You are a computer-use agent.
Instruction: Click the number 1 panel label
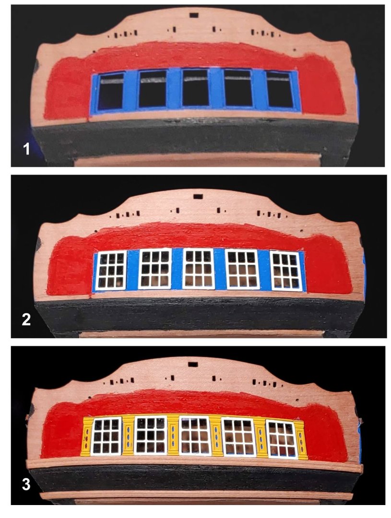coord(26,149)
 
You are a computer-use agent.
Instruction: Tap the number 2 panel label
coord(26,319)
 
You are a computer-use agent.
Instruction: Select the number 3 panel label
coord(26,484)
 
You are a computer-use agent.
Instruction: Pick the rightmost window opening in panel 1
coord(280,90)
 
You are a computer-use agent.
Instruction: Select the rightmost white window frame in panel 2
coord(286,271)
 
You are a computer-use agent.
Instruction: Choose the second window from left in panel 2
coord(154,269)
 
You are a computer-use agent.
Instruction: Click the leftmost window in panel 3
coord(107,436)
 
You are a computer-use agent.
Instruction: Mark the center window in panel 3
coord(195,435)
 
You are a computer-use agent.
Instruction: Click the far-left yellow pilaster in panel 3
coord(86,437)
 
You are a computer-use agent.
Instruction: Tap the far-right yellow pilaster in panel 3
coord(301,440)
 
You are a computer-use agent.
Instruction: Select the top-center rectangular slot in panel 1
coord(194,15)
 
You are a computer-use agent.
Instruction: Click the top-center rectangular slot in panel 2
coord(198,197)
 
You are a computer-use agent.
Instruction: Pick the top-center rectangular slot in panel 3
coord(192,365)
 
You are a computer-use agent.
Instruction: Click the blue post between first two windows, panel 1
coord(131,90)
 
